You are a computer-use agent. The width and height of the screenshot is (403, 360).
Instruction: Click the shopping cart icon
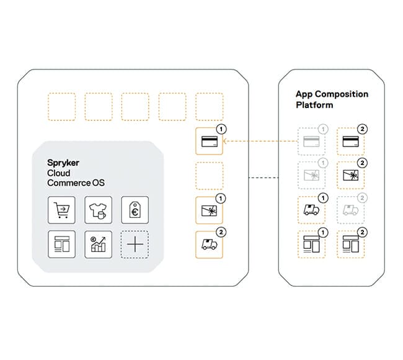61,210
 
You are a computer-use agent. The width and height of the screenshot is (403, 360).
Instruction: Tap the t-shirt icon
97,210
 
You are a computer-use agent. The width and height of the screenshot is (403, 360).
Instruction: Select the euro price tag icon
134,210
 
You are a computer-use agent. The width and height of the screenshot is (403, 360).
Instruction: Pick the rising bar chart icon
97,244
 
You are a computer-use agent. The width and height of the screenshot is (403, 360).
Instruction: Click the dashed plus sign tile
134,245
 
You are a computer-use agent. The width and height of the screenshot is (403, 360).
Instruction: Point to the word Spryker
64,163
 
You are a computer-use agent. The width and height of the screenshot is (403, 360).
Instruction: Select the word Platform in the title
314,105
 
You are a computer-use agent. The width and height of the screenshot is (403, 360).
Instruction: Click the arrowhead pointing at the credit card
225,142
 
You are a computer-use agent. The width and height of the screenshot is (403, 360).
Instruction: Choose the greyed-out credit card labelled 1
311,142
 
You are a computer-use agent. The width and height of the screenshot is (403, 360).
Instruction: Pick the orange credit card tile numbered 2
350,142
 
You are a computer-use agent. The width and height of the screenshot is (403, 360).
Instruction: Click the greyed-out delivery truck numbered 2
350,210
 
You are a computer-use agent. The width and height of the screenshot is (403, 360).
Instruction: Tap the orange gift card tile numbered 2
350,176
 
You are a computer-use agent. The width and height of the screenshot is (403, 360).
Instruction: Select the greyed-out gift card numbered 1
311,176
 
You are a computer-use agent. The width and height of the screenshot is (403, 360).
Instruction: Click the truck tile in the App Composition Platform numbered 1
311,210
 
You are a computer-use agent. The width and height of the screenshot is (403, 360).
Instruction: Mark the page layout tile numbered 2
350,244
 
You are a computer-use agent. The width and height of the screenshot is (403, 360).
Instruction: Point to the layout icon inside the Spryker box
61,244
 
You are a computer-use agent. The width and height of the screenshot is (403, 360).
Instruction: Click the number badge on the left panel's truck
222,233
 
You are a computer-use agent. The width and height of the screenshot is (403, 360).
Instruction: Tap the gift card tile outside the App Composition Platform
210,210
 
